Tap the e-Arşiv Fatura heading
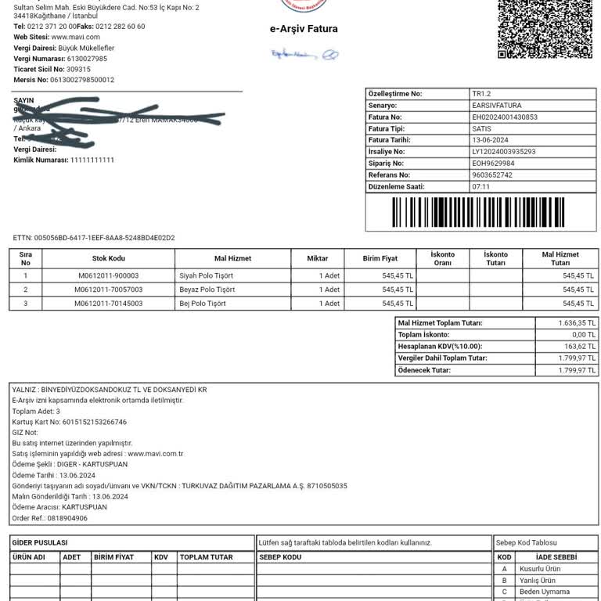tap(304, 29)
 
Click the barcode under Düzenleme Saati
tap(478, 212)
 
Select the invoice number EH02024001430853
tap(505, 117)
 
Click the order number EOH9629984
tap(493, 164)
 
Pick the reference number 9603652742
tap(492, 175)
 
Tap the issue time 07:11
tap(480, 187)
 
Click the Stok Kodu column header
tap(108, 258)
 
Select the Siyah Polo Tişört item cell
tap(206, 275)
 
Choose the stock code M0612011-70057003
tap(108, 290)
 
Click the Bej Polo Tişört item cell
tap(203, 304)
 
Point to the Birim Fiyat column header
tap(380, 258)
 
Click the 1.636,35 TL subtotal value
tap(577, 322)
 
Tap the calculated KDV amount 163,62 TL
tap(579, 346)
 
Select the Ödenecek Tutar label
tap(424, 370)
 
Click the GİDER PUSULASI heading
tap(40, 542)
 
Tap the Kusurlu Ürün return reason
tap(540, 569)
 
